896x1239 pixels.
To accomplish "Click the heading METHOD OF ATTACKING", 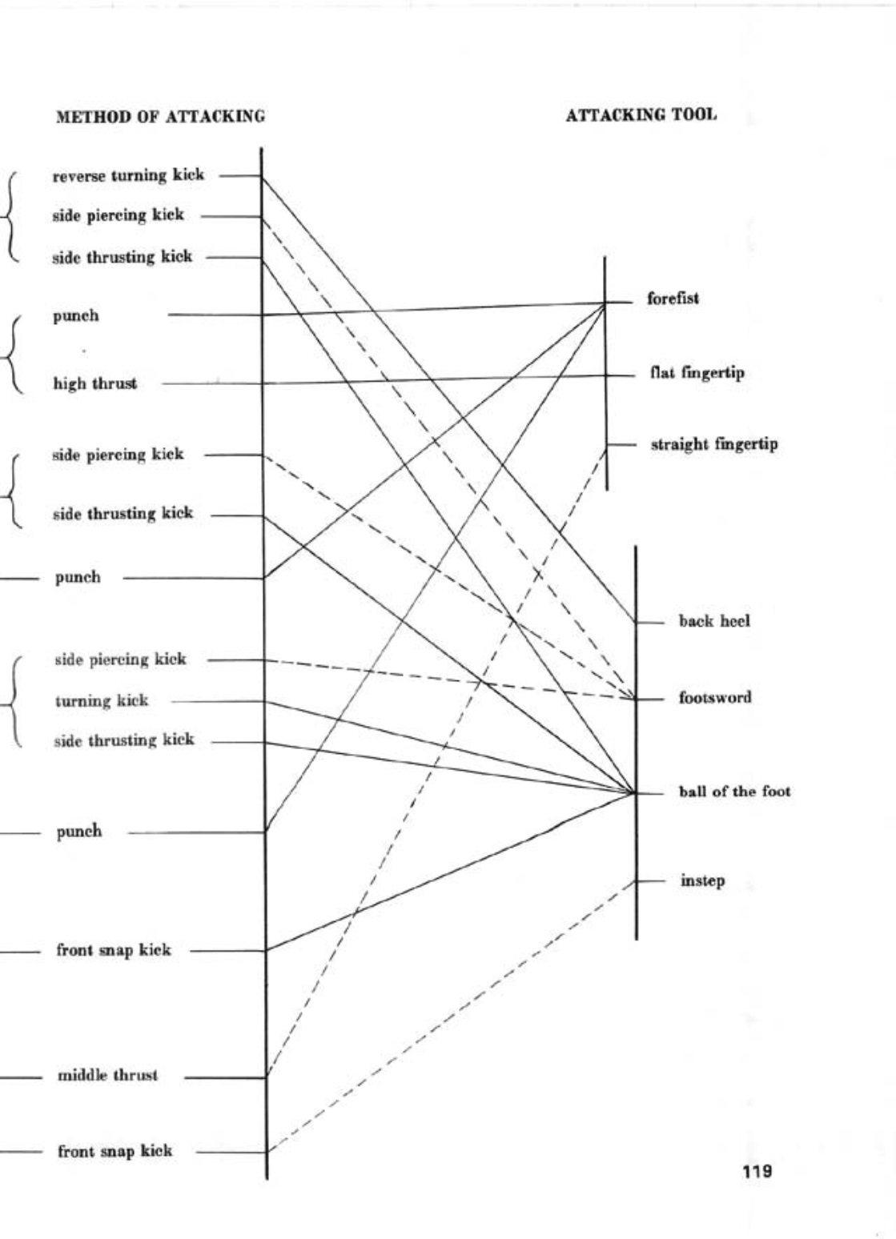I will click(x=160, y=117).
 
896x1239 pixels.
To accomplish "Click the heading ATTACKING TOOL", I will click(x=641, y=115).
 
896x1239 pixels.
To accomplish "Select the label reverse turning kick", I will click(x=128, y=175).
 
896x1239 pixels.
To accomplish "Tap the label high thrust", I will click(x=94, y=384).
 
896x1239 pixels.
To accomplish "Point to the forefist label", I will click(x=673, y=299).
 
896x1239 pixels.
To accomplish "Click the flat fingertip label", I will click(x=697, y=373).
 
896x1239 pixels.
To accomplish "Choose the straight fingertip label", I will click(x=713, y=444).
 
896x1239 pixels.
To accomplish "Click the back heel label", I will click(x=714, y=621).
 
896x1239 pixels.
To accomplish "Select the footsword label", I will click(x=715, y=697).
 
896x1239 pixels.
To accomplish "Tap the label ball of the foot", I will click(x=734, y=792).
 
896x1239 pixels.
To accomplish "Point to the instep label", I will click(x=702, y=881).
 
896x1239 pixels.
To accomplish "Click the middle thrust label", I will click(x=107, y=1076).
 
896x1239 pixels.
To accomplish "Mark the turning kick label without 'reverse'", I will click(x=102, y=701).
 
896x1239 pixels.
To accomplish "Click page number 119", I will click(x=757, y=1172).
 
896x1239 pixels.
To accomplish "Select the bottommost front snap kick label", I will click(x=115, y=1152).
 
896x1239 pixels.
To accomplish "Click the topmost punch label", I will click(x=76, y=316).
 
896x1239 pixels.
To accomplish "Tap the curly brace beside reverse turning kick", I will click(x=11, y=215).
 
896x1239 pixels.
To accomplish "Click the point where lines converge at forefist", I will click(x=606, y=303).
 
